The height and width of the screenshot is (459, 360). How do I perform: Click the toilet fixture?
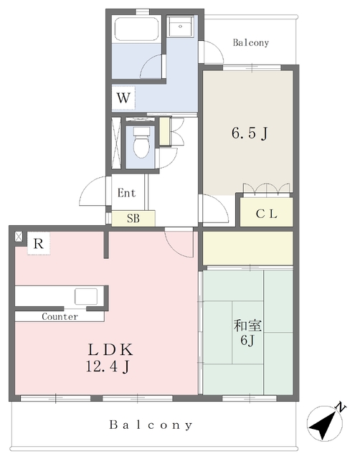[141, 143]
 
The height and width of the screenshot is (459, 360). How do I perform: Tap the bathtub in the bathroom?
[137, 29]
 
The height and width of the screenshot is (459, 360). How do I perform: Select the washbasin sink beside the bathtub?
[180, 26]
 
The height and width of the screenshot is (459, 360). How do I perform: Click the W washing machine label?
[123, 98]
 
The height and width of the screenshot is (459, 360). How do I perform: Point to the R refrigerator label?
[39, 243]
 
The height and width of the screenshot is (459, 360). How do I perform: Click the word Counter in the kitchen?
[60, 316]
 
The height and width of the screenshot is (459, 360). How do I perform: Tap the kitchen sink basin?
[86, 296]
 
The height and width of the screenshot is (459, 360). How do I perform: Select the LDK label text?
[110, 349]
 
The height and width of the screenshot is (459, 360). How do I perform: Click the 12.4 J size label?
[108, 366]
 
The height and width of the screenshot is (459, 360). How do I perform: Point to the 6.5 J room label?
[250, 133]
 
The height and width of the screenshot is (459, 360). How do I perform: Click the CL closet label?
[266, 214]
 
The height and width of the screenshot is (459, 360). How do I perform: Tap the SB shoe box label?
[133, 218]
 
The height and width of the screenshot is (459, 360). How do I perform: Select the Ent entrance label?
[126, 193]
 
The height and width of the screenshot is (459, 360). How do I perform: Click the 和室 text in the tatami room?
[247, 326]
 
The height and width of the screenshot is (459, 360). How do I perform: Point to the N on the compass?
[341, 407]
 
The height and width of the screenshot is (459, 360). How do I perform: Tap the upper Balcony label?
[251, 43]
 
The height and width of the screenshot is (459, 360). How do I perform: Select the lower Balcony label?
[151, 425]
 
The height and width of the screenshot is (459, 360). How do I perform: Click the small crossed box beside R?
[19, 237]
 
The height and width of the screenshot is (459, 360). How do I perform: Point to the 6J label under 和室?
[247, 341]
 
